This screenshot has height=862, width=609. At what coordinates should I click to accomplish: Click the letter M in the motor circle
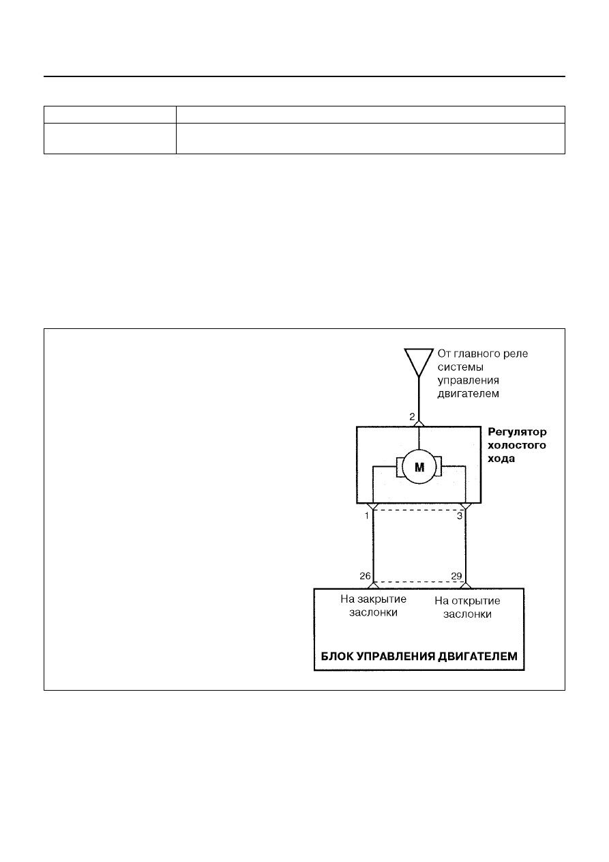point(419,468)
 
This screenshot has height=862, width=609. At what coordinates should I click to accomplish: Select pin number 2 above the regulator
point(412,416)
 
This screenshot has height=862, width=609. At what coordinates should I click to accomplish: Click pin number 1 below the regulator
point(367,516)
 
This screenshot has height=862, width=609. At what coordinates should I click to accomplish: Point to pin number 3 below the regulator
point(460,516)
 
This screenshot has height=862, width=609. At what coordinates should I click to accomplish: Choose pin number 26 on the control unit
point(366,576)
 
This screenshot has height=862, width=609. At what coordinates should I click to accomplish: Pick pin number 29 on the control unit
point(456,576)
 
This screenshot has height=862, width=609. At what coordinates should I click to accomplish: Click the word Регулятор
point(517,433)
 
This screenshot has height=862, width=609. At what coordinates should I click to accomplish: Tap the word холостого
point(517,445)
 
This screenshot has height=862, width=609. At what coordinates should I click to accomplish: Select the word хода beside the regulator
point(501,459)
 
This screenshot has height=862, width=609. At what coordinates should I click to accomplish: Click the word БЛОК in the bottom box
point(337,656)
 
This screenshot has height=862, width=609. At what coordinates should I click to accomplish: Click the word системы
point(460,367)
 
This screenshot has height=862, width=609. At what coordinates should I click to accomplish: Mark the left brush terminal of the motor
point(400,467)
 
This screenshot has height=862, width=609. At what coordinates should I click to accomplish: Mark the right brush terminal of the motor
point(439,466)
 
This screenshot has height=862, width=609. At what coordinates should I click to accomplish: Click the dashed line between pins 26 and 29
point(419,581)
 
